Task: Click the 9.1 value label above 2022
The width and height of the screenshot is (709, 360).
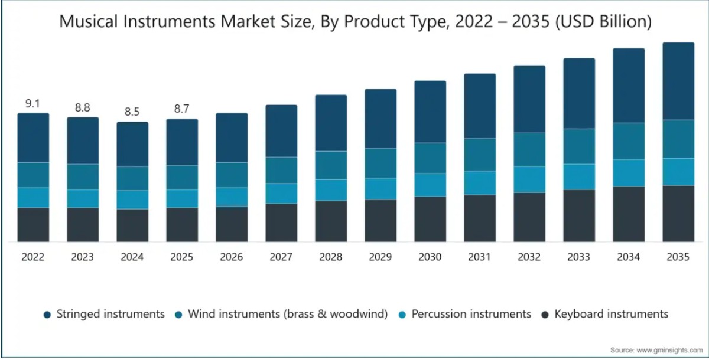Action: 32,103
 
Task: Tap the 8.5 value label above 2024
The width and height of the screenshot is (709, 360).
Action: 132,112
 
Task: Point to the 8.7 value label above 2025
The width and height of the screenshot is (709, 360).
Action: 182,109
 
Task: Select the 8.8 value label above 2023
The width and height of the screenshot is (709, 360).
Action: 82,107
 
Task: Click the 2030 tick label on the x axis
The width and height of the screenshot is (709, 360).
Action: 430,257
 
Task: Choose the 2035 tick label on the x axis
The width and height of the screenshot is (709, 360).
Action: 678,257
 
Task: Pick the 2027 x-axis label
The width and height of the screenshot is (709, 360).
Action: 281,257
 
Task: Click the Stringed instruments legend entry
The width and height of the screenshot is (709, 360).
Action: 104,314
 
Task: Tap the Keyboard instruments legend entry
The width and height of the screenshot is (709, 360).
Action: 605,314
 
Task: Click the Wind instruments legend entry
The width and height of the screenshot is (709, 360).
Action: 281,314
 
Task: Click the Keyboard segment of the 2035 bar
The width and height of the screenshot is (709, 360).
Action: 678,214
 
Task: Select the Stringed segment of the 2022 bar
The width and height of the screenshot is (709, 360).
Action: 33,138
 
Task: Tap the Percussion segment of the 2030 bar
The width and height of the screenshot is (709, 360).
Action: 430,185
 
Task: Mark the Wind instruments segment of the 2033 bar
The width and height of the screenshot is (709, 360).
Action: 579,146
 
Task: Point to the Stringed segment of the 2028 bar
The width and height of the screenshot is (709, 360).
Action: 331,123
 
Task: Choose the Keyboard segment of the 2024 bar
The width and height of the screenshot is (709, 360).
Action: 132,225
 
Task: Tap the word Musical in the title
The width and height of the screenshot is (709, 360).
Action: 88,21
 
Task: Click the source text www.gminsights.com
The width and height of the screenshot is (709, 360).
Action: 669,350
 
